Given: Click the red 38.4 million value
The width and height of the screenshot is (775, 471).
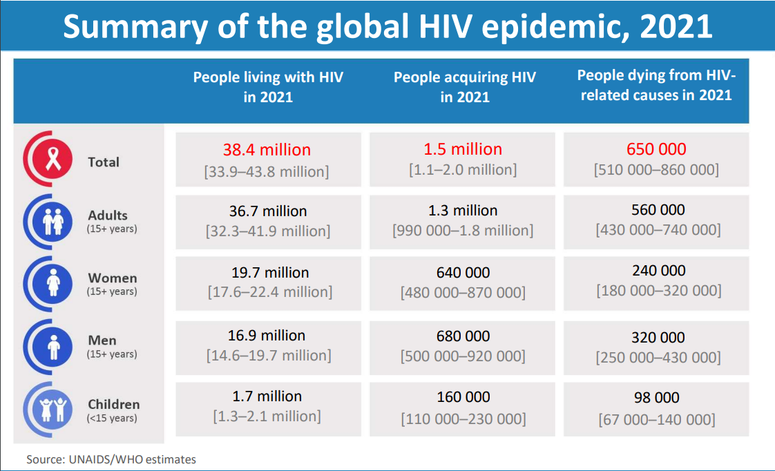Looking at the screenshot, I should [x=267, y=149].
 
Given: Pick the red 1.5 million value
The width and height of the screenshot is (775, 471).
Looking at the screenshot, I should [x=463, y=149].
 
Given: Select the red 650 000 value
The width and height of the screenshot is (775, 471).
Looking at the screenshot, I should [x=656, y=149].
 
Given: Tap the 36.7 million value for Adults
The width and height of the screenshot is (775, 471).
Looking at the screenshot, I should [x=268, y=211].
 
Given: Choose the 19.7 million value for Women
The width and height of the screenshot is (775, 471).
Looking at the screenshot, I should [x=269, y=273].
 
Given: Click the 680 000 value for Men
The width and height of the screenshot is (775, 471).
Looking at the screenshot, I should [x=463, y=336].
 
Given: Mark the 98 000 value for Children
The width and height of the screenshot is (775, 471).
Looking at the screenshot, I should [x=656, y=398].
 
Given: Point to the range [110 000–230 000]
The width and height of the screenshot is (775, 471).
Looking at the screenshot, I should [x=463, y=419].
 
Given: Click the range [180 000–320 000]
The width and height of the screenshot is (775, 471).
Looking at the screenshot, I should [x=658, y=291].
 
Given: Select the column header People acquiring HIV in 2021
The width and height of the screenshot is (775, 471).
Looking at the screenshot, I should [x=465, y=87].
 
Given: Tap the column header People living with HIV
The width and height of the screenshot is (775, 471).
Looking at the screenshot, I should [x=268, y=87].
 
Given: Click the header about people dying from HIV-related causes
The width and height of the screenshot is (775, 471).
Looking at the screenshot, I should [x=656, y=85].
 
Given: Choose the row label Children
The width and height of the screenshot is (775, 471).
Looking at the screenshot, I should [x=114, y=405].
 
